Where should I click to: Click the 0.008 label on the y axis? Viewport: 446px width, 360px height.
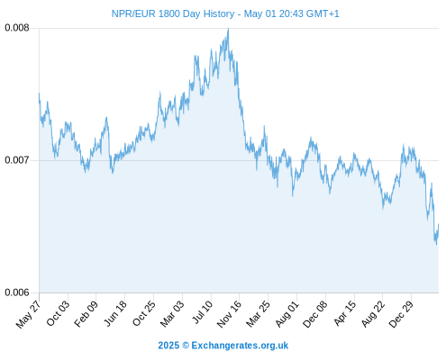(x=17, y=28)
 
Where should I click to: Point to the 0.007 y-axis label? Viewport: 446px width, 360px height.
(x=17, y=160)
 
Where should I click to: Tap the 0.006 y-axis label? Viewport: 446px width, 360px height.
(x=17, y=292)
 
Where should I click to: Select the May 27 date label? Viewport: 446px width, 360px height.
(x=28, y=314)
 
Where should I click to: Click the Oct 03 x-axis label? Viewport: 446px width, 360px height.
(x=58, y=313)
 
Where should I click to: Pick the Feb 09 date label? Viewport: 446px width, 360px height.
(x=86, y=314)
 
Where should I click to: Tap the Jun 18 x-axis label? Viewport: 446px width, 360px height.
(x=115, y=313)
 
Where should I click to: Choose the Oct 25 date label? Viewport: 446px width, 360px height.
(x=144, y=313)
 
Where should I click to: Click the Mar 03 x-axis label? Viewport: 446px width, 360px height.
(x=172, y=314)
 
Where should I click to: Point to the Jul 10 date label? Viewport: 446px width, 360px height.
(x=203, y=312)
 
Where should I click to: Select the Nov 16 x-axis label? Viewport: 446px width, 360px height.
(x=229, y=314)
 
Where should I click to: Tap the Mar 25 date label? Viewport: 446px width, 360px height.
(x=258, y=314)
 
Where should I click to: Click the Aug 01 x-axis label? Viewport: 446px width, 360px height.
(x=287, y=313)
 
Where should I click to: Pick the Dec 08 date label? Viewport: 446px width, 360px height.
(x=315, y=314)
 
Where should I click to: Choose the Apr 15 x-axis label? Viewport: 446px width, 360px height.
(x=345, y=313)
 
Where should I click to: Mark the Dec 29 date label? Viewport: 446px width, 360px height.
(x=401, y=314)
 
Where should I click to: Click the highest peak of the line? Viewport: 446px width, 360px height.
(x=228, y=29)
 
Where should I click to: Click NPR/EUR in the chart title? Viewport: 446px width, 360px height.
(x=133, y=13)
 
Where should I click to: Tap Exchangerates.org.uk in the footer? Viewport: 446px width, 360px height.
(x=240, y=346)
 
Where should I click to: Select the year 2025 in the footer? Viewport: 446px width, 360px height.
(x=168, y=346)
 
